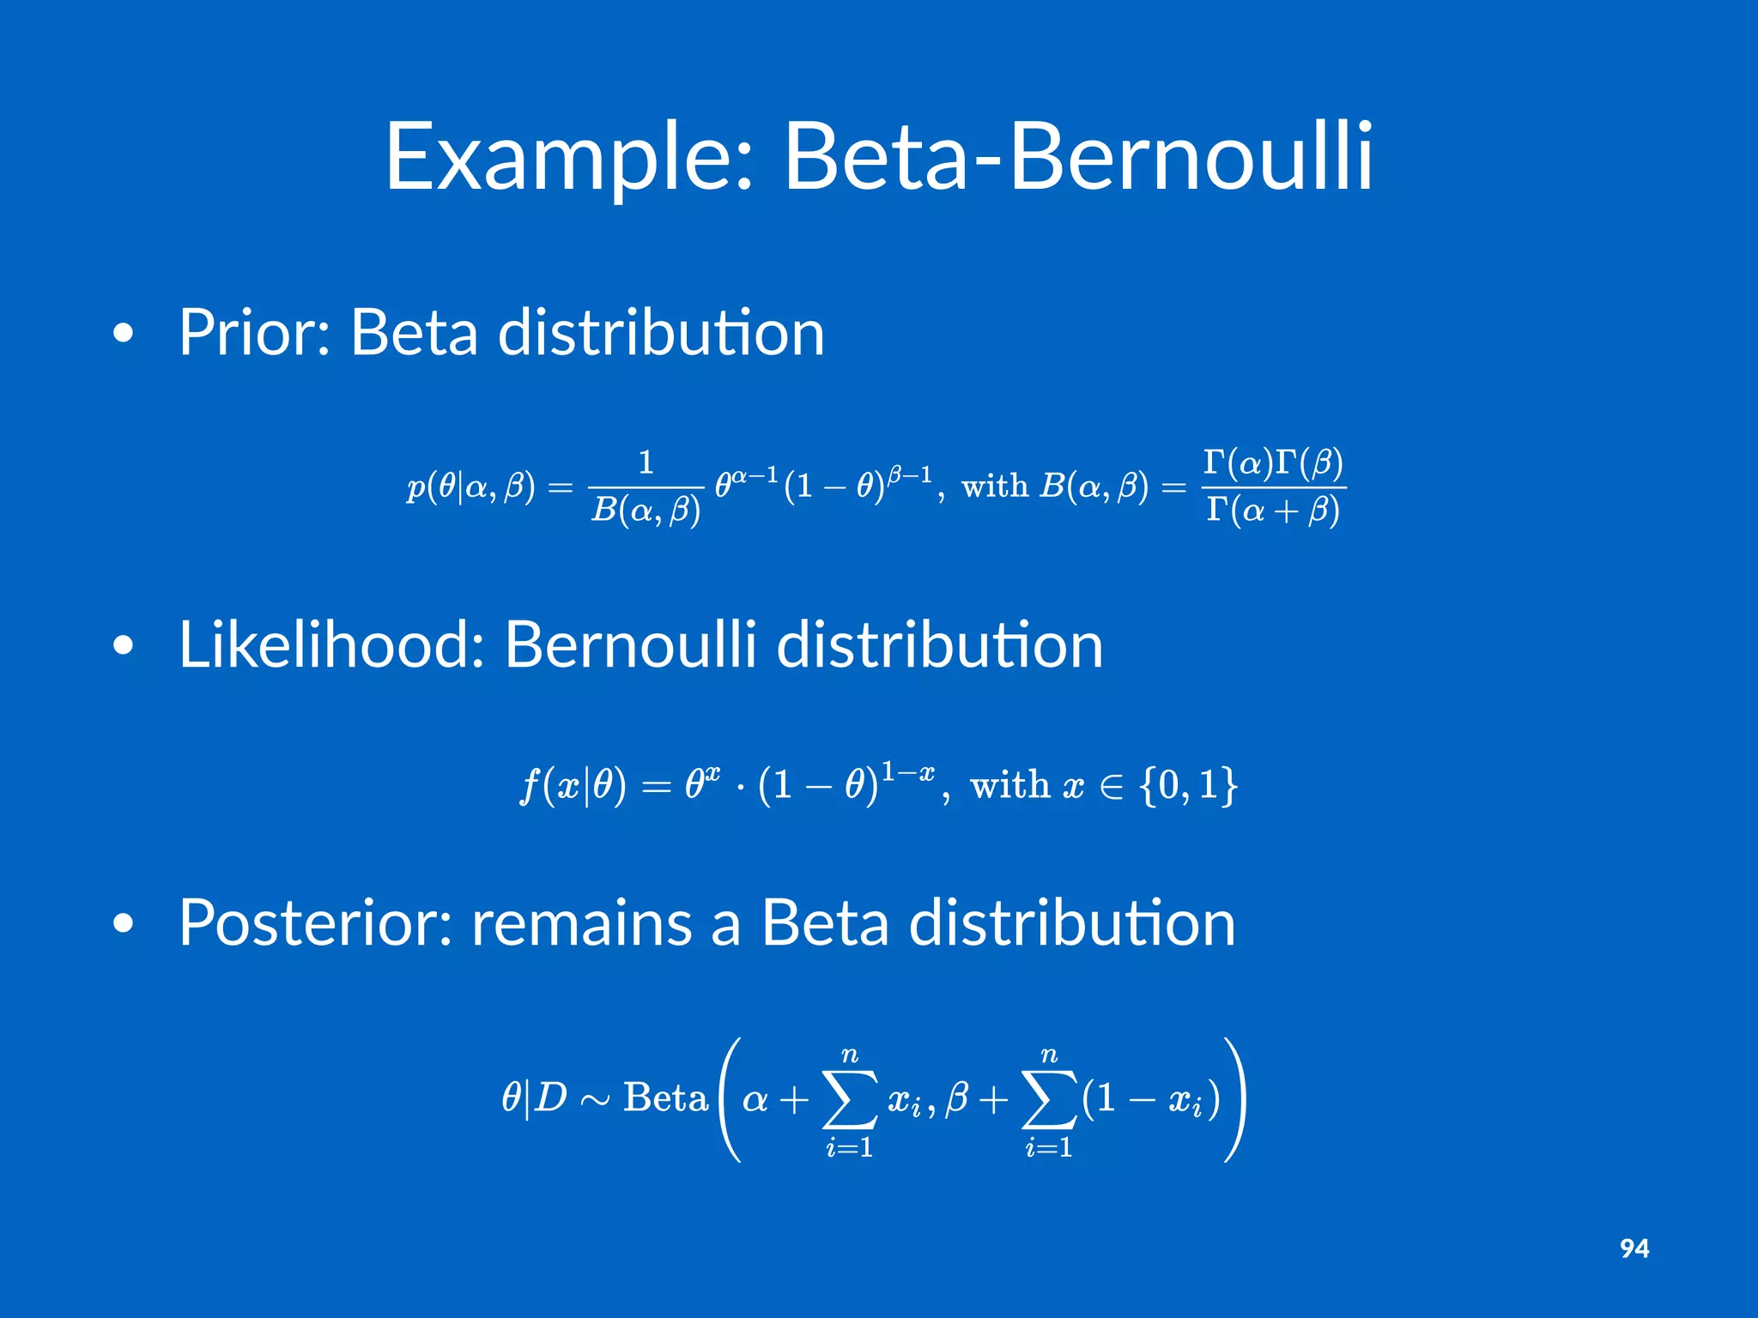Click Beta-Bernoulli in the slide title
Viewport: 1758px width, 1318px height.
(1078, 156)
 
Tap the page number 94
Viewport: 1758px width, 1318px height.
(1634, 1248)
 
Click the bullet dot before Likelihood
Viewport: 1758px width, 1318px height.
(124, 645)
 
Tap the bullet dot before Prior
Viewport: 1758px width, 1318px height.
(124, 334)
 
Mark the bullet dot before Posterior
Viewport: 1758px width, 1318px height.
(124, 923)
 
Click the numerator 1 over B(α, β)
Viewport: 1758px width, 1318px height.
(646, 463)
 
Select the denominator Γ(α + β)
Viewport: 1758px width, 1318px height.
(1273, 511)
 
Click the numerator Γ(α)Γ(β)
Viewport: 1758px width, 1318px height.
(1273, 463)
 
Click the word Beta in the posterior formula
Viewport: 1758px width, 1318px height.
(665, 1097)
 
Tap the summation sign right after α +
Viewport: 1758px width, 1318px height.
(850, 1100)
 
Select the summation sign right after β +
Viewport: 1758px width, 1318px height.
(1049, 1100)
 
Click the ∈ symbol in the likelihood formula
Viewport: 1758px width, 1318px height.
(1112, 787)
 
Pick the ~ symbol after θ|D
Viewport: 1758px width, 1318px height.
(595, 1100)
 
